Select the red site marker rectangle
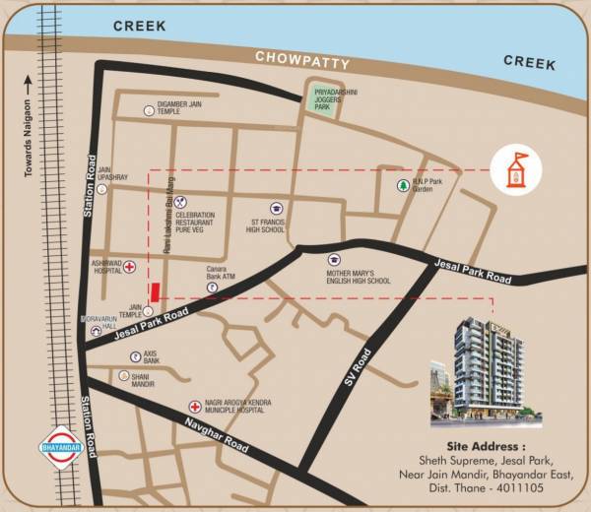click(154, 293)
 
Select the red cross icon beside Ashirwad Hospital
click(129, 266)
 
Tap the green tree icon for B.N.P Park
click(402, 186)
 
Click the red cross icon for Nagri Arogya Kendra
click(195, 406)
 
